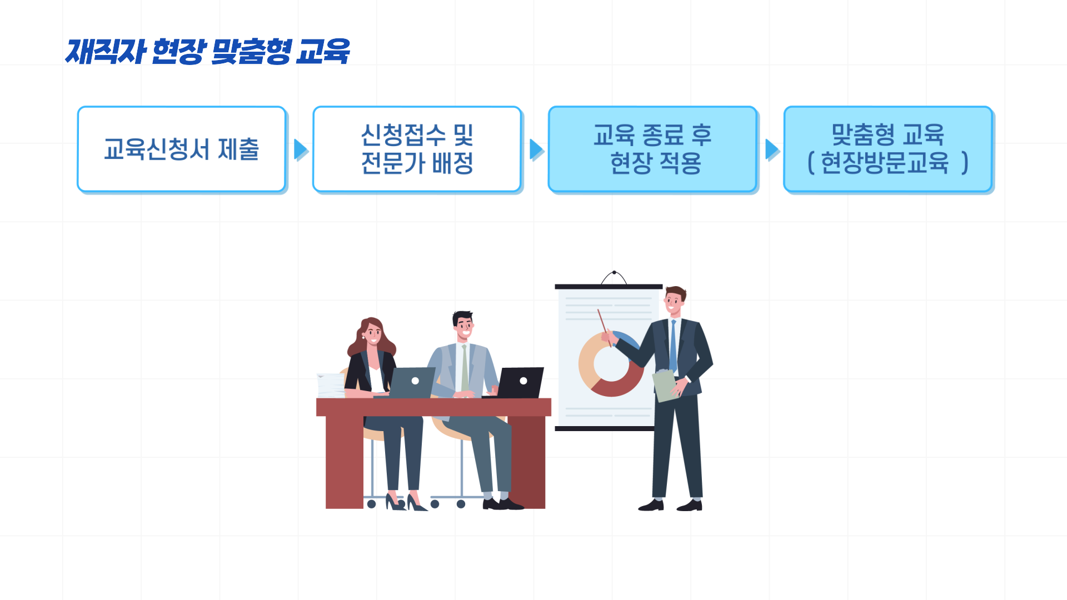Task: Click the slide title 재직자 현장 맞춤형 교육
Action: click(207, 52)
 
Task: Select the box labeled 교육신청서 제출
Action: click(182, 149)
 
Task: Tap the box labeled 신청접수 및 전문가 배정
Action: click(417, 149)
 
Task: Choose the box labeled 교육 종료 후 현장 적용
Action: click(652, 149)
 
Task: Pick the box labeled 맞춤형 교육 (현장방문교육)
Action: click(887, 149)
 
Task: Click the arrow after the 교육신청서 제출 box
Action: click(301, 149)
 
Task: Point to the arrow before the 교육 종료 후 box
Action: click(536, 149)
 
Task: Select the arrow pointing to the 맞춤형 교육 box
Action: click(772, 149)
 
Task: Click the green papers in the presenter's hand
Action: click(665, 385)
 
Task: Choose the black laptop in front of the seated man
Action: click(520, 382)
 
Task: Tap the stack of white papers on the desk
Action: click(331, 385)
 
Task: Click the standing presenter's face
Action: click(674, 303)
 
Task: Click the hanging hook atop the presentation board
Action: click(614, 276)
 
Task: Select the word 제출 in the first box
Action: click(238, 149)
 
